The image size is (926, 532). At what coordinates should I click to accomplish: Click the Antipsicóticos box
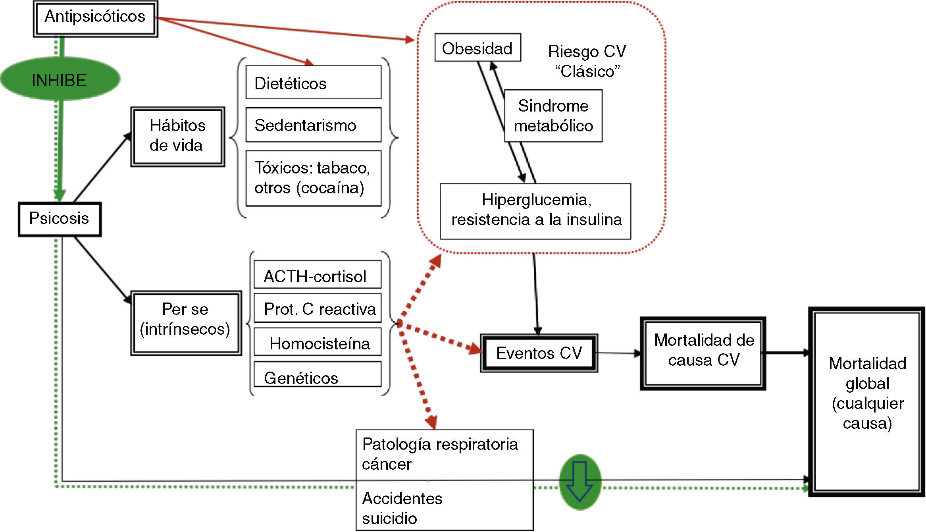tap(95, 18)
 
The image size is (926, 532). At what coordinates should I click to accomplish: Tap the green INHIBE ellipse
tap(60, 80)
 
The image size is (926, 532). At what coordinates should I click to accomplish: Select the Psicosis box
tap(60, 219)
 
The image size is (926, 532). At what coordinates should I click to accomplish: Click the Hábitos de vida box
tap(177, 136)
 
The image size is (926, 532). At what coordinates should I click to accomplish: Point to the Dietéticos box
tap(313, 83)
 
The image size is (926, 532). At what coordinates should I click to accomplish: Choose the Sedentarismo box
tap(313, 125)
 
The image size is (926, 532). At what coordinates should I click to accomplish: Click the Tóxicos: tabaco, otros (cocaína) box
tap(313, 178)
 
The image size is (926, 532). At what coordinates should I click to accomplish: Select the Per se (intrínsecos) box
tap(186, 322)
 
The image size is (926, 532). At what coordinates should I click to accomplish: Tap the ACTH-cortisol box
tap(317, 275)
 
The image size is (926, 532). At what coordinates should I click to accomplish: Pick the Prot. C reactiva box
tap(317, 308)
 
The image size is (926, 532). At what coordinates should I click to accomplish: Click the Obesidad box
tap(477, 48)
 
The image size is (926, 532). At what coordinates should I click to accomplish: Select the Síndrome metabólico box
tap(553, 116)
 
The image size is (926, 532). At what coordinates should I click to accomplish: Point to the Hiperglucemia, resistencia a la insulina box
tap(535, 211)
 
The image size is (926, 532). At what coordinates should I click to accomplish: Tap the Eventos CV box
tap(539, 353)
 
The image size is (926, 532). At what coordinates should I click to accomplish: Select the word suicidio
tap(390, 519)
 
